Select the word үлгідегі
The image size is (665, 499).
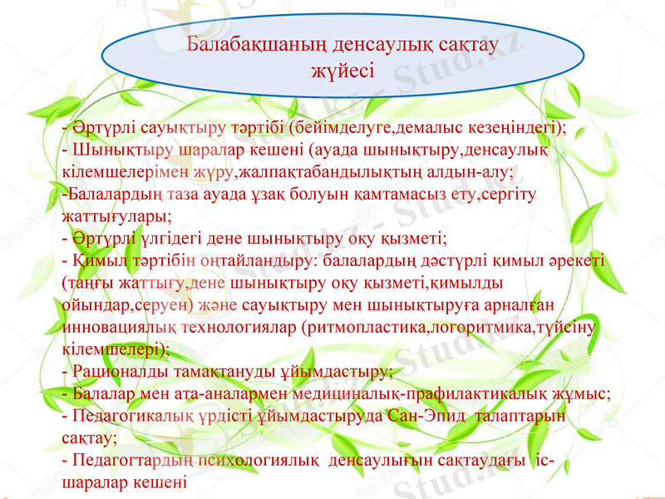pos(162,239)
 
